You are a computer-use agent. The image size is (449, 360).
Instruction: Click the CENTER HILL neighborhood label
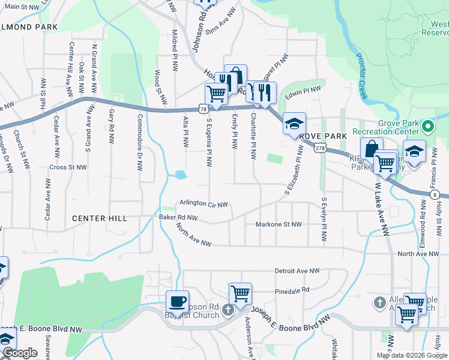point(100,218)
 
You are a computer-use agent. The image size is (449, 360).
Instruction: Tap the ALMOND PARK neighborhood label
point(29,27)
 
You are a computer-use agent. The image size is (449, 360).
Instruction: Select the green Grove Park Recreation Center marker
point(427,127)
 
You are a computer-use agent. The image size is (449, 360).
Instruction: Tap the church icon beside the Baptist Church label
point(228,310)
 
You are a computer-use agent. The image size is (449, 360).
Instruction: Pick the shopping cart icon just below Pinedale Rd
point(240,293)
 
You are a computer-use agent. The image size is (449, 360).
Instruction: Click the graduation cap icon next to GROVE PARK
point(294,123)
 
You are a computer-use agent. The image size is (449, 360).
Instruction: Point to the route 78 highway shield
point(203,109)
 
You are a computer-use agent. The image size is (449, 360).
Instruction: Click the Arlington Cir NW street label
point(203,204)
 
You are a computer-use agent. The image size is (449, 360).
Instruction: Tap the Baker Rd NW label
point(178,217)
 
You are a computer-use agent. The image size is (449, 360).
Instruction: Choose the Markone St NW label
point(278,224)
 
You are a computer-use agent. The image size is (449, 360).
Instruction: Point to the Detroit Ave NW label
point(297,271)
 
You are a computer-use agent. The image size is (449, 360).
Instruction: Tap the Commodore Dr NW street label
point(139,139)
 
